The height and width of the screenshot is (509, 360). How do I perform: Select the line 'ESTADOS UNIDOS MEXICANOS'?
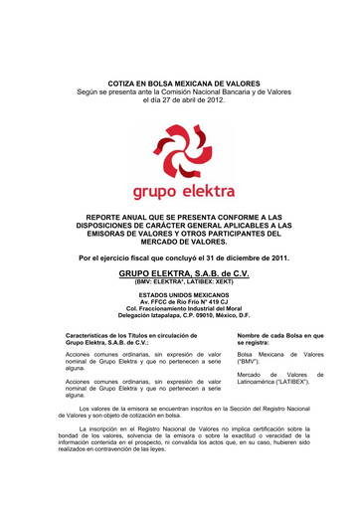(179, 295)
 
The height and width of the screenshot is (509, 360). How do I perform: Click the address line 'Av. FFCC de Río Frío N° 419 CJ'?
(179, 302)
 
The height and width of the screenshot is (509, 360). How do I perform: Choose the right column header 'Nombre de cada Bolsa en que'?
(280, 336)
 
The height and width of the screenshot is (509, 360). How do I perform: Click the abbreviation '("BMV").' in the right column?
(253, 362)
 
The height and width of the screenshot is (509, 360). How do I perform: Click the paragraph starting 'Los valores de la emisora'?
(179, 411)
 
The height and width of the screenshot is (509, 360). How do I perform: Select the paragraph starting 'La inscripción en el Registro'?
(179, 436)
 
